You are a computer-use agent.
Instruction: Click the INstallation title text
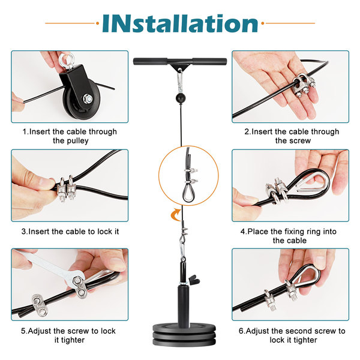coord(180,23)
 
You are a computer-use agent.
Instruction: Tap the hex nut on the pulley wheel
coord(88,99)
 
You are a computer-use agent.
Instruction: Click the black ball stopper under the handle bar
coord(181,98)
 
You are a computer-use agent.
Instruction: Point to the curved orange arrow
coord(176,214)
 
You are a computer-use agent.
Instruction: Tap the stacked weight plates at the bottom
coord(184,334)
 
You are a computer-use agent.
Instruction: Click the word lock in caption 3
coord(104,232)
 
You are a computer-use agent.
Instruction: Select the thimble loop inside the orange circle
coord(189,193)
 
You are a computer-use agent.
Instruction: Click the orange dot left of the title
coord(97,23)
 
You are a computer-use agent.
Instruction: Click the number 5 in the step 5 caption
coord(23,331)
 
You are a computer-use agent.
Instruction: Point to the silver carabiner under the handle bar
coord(179,81)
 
